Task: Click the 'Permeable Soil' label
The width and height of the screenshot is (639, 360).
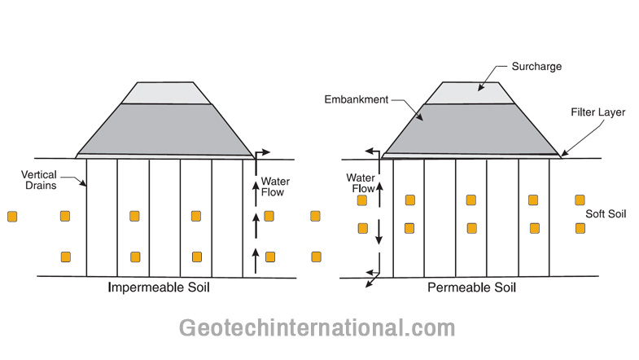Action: click(471, 288)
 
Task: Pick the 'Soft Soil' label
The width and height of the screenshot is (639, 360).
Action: click(606, 214)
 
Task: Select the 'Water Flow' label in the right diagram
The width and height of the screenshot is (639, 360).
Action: click(361, 182)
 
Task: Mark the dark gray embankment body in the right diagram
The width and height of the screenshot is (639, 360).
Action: click(472, 128)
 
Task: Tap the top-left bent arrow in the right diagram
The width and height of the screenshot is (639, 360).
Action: click(372, 151)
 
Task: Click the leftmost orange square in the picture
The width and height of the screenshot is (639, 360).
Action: click(12, 216)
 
